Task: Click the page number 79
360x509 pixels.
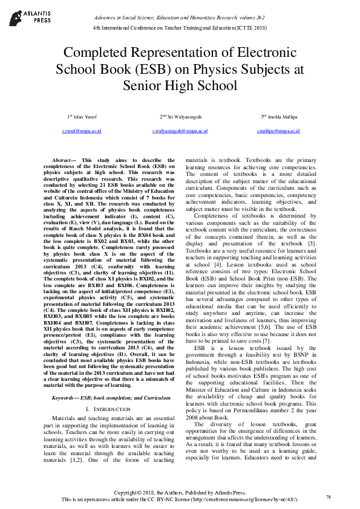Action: [x=327, y=497]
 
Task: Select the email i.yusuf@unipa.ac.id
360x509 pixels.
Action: [x=82, y=131]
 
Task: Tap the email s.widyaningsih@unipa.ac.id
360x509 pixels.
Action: [x=180, y=131]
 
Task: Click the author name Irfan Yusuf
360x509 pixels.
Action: [x=83, y=116]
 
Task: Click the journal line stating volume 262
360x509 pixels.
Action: [x=180, y=18]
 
